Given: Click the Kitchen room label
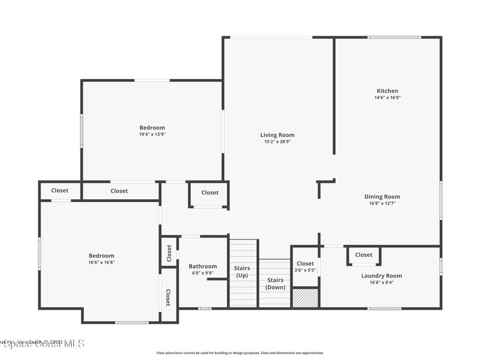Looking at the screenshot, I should [x=387, y=91].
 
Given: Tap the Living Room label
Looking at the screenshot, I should [x=277, y=135].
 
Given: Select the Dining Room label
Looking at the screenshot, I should [x=382, y=197].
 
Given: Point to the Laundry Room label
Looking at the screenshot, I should [x=381, y=276].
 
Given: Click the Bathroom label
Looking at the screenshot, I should [x=202, y=266].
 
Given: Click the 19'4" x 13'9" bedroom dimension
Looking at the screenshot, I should [x=152, y=134].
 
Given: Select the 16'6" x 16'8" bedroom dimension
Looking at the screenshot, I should [x=102, y=262].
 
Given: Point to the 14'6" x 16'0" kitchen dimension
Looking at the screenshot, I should [x=387, y=98].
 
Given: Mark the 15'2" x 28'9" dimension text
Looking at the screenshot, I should [x=277, y=142].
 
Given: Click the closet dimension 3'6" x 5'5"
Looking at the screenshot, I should [x=305, y=270].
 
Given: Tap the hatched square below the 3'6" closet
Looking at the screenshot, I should [x=305, y=298].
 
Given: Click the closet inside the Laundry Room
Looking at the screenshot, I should [x=364, y=255].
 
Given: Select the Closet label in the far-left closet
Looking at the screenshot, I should [x=60, y=190].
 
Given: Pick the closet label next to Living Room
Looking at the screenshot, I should [x=210, y=192].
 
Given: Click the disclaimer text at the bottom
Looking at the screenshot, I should [x=240, y=353].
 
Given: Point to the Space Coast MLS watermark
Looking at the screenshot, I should [x=42, y=344].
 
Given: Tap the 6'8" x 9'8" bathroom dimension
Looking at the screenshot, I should [x=202, y=273].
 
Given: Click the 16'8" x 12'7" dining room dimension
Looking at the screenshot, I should [x=382, y=203].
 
